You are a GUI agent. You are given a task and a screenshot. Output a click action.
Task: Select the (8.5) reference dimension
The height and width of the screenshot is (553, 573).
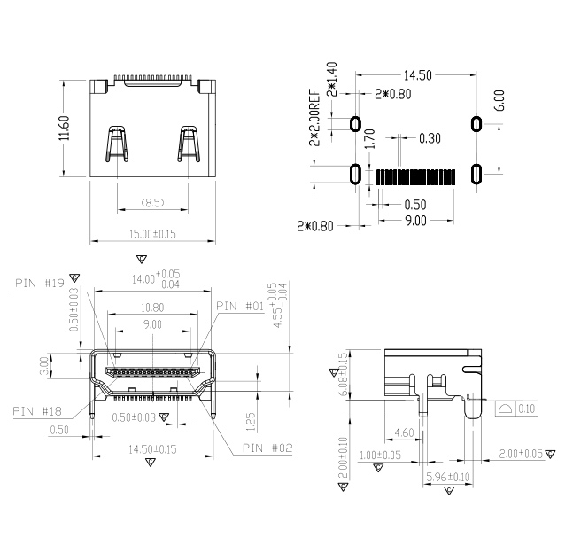pyautogui.click(x=152, y=203)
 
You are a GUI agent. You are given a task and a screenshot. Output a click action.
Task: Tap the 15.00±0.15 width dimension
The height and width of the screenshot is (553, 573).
pyautogui.click(x=152, y=234)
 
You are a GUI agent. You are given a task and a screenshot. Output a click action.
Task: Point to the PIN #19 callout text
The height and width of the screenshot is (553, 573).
pyautogui.click(x=40, y=284)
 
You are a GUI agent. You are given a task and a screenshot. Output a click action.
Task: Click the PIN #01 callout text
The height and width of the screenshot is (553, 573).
pyautogui.click(x=240, y=306)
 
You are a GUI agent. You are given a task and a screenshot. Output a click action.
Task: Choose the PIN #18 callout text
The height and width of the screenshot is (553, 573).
pyautogui.click(x=37, y=411)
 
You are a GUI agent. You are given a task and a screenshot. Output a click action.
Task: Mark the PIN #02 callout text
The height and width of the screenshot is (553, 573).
pyautogui.click(x=268, y=448)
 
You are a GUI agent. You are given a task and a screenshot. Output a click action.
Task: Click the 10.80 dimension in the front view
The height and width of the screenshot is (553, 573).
pyautogui.click(x=152, y=307)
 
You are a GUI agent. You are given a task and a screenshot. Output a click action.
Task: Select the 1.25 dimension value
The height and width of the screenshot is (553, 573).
pyautogui.click(x=251, y=416)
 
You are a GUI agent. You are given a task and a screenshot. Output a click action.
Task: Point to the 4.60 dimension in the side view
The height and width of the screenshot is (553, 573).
pyautogui.click(x=403, y=433)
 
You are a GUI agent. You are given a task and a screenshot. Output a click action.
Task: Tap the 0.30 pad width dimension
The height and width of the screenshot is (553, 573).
pyautogui.click(x=430, y=138)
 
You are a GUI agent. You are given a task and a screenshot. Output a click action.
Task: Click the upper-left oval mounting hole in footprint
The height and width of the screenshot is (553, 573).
pyautogui.click(x=356, y=123)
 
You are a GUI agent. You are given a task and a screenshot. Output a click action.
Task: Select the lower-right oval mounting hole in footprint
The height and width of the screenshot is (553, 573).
pyautogui.click(x=476, y=174)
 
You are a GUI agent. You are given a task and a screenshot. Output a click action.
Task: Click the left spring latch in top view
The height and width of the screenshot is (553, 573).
pyautogui.click(x=115, y=144)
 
